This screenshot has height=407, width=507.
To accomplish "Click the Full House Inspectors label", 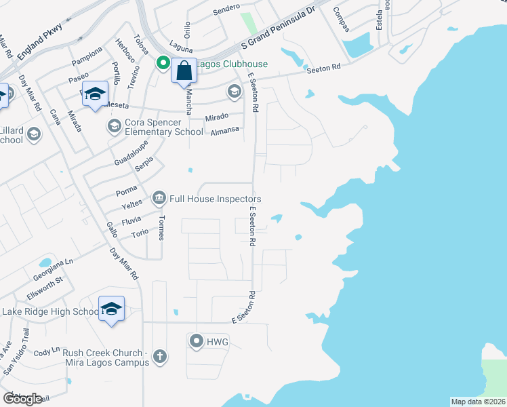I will click(215, 199).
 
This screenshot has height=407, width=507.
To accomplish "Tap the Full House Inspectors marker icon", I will click(159, 198).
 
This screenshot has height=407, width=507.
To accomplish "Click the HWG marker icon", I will click(197, 341).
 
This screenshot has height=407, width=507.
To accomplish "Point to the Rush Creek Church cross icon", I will click(160, 357).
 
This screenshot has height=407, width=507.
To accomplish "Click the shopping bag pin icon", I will click(184, 71).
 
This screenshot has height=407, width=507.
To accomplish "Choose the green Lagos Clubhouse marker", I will click(163, 64).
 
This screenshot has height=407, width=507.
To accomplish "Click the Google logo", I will click(22, 399).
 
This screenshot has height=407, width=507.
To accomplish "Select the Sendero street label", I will click(226, 7).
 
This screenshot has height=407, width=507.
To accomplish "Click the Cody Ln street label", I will click(47, 353).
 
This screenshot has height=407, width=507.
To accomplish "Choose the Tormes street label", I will click(161, 229).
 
